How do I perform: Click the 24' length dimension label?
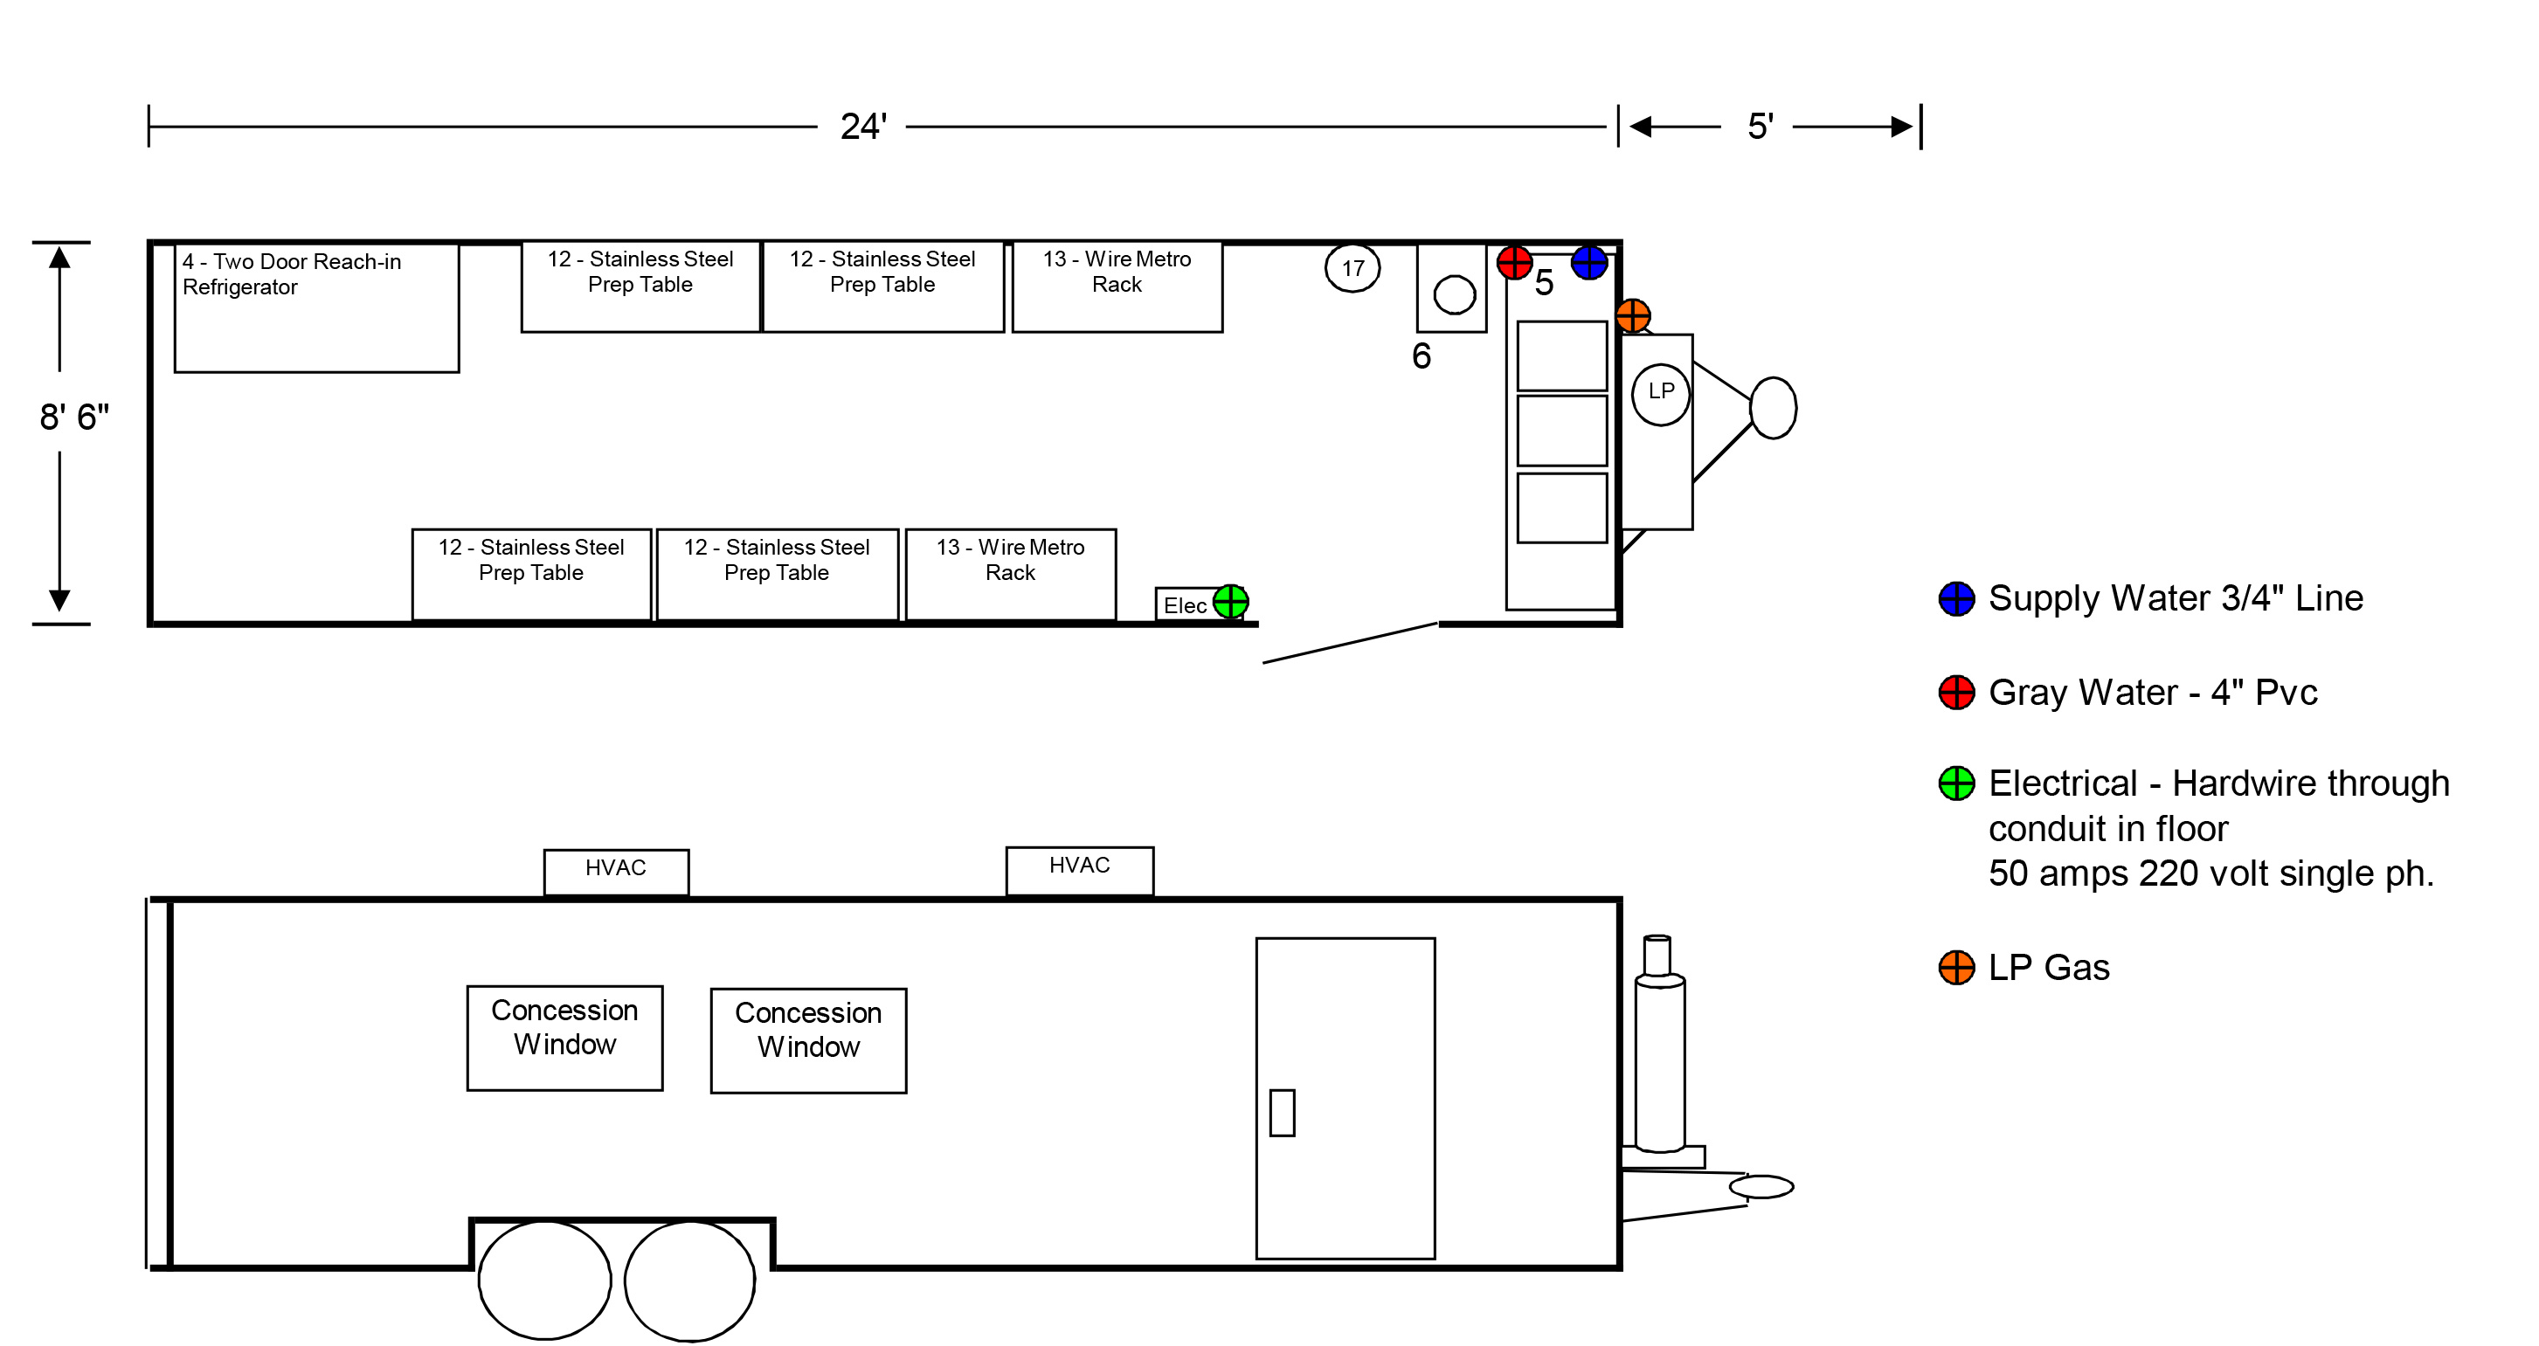863,126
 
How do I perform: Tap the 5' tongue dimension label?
1761,126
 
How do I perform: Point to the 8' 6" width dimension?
74,417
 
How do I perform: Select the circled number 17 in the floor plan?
1353,268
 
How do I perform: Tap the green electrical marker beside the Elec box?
1230,601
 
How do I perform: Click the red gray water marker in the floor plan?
1514,262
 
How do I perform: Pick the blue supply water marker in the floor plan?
1589,262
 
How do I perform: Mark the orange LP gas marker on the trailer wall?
1632,316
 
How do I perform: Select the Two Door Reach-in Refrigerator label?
292,274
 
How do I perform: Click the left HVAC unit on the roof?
616,872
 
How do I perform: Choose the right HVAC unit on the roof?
1079,870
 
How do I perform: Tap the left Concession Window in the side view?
564,1038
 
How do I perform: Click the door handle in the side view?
1282,1113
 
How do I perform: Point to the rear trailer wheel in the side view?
544,1280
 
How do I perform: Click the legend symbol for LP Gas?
1956,968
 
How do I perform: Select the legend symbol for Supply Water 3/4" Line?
1956,598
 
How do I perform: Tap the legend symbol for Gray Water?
1956,692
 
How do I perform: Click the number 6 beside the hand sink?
1421,355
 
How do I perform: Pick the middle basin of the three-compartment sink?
1561,431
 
